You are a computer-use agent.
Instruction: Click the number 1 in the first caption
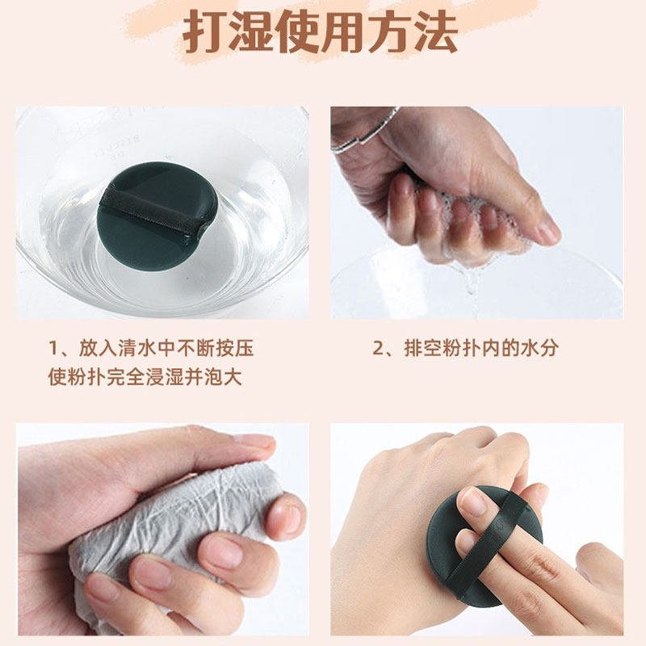click(54, 349)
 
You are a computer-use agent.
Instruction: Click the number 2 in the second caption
click(377, 349)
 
